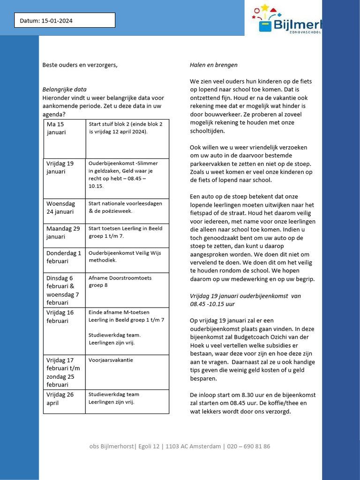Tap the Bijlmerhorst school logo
pos(286,19)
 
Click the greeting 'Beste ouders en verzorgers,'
pos(80,65)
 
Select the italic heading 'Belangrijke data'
pos(64,90)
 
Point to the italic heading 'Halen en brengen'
pos(213,65)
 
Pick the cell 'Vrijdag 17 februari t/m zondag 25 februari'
pos(64,372)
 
